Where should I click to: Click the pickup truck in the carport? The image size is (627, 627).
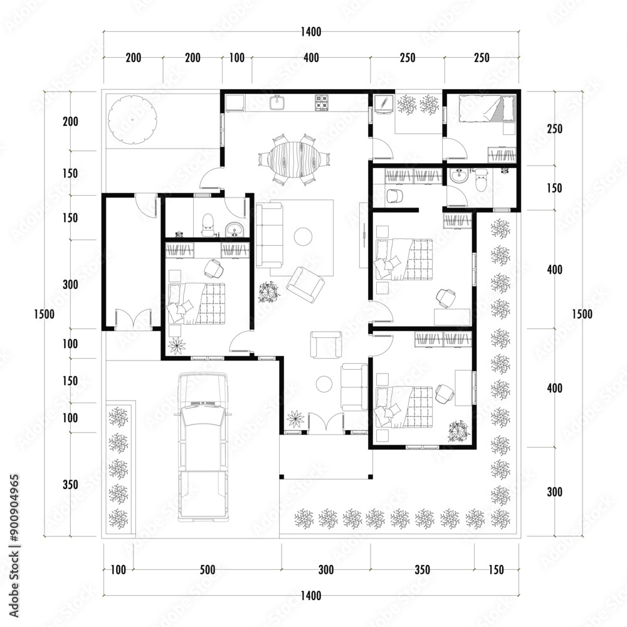click(x=203, y=446)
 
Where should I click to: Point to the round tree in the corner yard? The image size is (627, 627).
click(x=132, y=120)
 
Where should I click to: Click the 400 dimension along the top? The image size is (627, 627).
click(x=311, y=58)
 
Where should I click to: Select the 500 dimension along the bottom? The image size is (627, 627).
click(x=208, y=569)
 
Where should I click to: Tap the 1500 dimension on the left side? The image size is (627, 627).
click(x=44, y=314)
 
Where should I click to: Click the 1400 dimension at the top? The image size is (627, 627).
click(x=311, y=31)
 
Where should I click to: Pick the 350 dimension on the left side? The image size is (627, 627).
click(x=70, y=485)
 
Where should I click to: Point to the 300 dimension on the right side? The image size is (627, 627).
click(x=555, y=492)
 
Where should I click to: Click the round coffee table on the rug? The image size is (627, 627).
click(x=303, y=237)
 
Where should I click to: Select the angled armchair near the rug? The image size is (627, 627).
click(x=305, y=284)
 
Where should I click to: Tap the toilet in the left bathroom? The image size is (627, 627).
click(x=207, y=225)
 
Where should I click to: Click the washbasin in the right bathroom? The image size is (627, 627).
click(x=459, y=176)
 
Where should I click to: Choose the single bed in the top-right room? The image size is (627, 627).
click(x=486, y=108)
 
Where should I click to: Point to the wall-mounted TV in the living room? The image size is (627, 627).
click(x=364, y=235)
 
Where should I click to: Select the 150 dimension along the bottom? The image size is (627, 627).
click(x=496, y=569)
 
